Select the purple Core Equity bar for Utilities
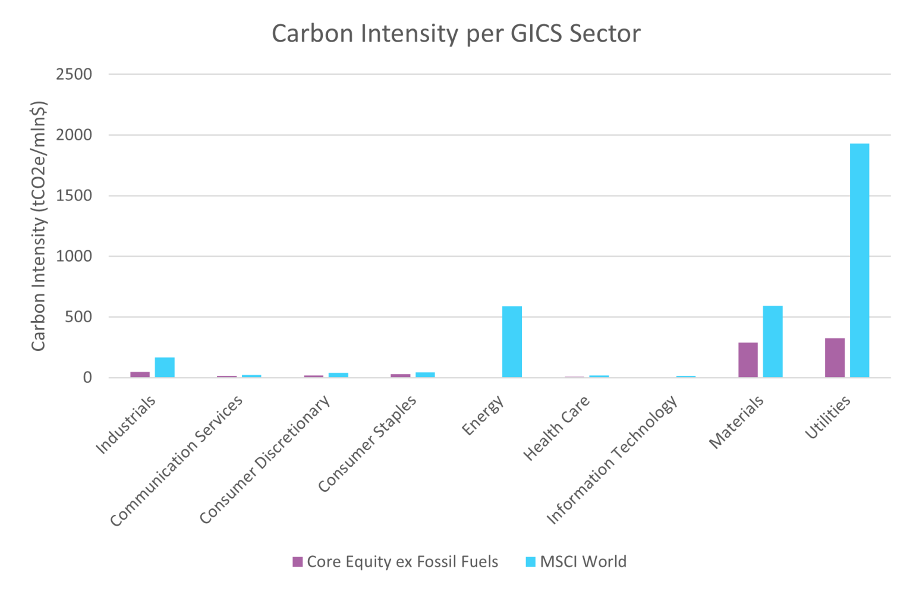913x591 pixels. pyautogui.click(x=835, y=358)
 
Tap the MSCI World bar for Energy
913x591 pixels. pyautogui.click(x=512, y=342)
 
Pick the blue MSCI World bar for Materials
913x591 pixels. pyautogui.click(x=772, y=342)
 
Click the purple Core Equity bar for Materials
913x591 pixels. pyautogui.click(x=748, y=360)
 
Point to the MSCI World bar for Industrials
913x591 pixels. pyautogui.click(x=165, y=367)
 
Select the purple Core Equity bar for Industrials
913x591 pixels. pyautogui.click(x=140, y=374)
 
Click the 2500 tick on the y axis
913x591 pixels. pyautogui.click(x=74, y=74)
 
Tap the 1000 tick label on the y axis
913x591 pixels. pyautogui.click(x=74, y=256)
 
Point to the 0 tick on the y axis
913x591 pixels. pyautogui.click(x=87, y=378)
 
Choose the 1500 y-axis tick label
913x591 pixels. pyautogui.click(x=74, y=196)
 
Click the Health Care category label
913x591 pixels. pyautogui.click(x=556, y=428)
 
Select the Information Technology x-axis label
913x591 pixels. pyautogui.click(x=612, y=460)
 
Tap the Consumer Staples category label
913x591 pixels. pyautogui.click(x=367, y=444)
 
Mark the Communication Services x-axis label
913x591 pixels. pyautogui.click(x=177, y=461)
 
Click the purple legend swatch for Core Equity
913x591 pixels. pyautogui.click(x=298, y=562)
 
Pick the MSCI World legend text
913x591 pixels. pyautogui.click(x=583, y=562)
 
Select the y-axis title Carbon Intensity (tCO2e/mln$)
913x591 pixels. pyautogui.click(x=39, y=226)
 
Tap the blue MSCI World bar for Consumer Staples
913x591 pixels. pyautogui.click(x=425, y=375)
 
